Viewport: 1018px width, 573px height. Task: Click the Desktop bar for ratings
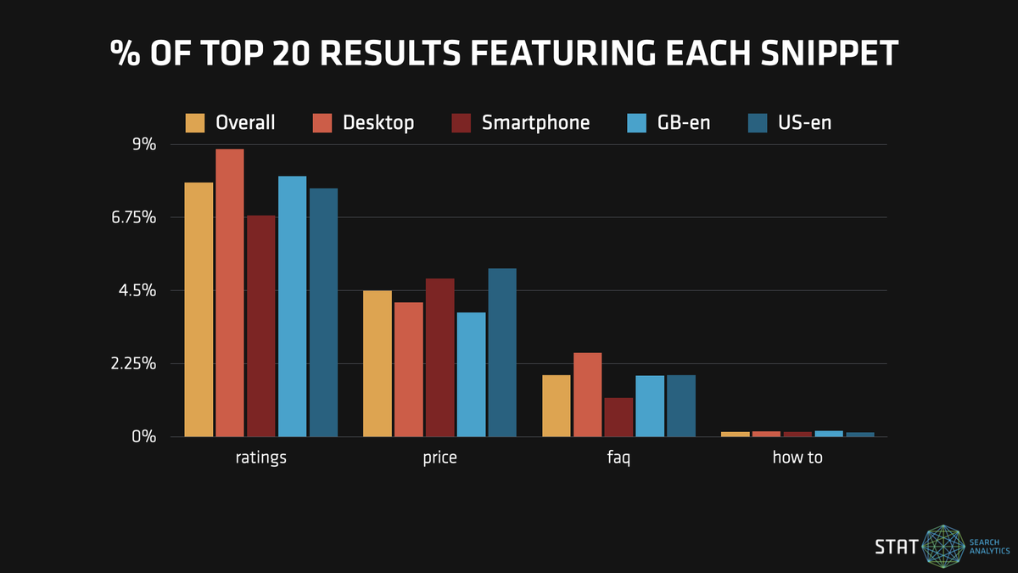(230, 293)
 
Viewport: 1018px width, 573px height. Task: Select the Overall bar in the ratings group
(199, 310)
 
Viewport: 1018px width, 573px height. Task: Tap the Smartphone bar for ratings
(261, 326)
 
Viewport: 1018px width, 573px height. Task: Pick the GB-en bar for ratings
(293, 306)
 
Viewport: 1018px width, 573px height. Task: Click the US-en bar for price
(502, 352)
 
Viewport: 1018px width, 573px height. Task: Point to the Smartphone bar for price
(440, 357)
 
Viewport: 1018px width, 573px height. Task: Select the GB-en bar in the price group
(472, 374)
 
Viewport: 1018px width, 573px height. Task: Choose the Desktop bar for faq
(588, 395)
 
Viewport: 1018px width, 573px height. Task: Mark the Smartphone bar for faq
(619, 417)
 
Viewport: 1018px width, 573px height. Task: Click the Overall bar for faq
(557, 406)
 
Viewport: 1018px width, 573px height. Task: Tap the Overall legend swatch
(196, 123)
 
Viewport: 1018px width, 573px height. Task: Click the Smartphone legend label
(535, 123)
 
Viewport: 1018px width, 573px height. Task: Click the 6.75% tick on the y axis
(133, 218)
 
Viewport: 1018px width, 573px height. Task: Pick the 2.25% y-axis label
(133, 364)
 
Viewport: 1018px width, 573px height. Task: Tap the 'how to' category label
(797, 458)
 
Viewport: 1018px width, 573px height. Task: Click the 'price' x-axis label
(439, 458)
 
